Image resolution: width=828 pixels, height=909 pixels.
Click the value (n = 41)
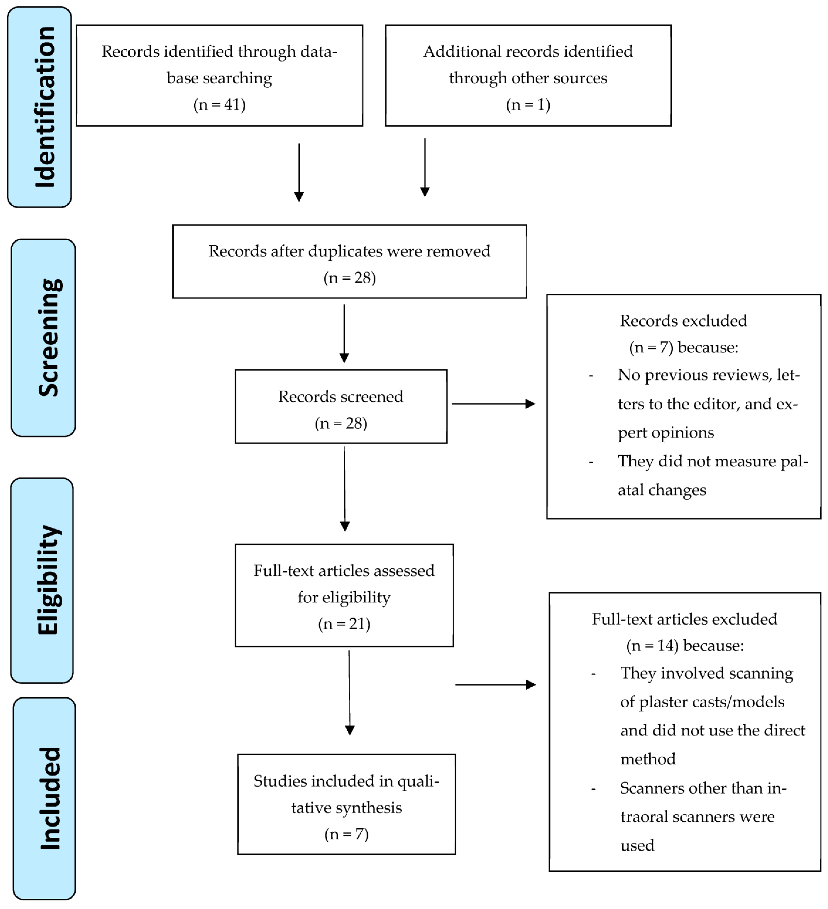coord(219,105)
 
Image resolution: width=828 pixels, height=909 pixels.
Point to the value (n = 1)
coord(528,105)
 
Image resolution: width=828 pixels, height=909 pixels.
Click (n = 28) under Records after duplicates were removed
coord(349,278)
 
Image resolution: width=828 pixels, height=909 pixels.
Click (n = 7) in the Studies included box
coord(346,834)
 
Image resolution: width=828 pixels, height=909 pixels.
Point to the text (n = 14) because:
coord(685,646)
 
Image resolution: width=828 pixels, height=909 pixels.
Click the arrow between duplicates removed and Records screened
coord(344,334)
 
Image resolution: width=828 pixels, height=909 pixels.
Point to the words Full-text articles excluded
coord(684,619)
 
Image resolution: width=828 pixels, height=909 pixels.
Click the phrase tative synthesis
coord(346,808)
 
